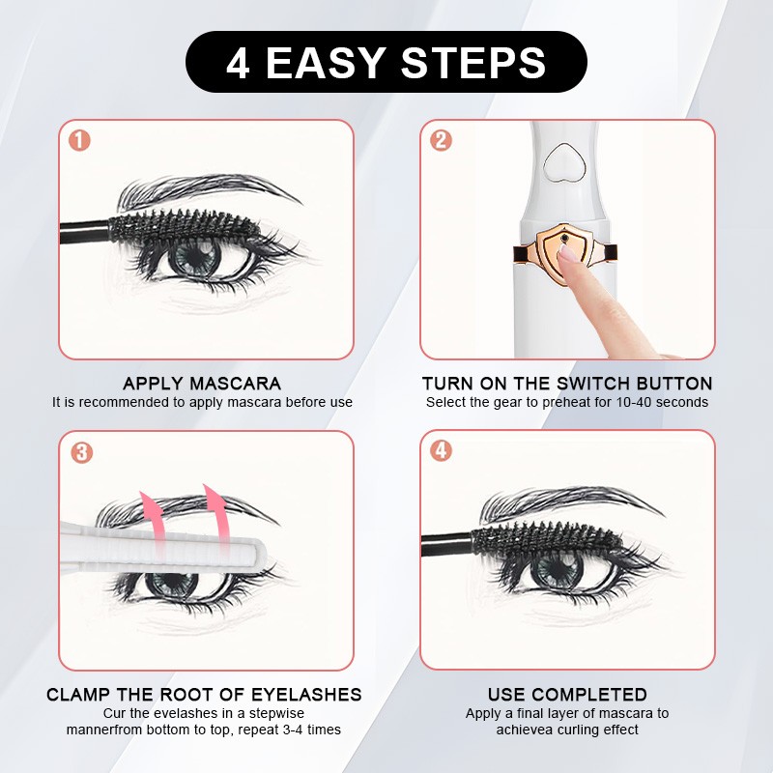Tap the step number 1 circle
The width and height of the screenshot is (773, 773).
[x=79, y=140]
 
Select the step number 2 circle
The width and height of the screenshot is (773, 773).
[x=441, y=140]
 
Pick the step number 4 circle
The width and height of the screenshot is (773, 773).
[x=441, y=451]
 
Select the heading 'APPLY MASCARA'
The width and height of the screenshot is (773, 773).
[x=202, y=384]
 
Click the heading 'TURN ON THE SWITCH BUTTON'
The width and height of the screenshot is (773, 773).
[x=567, y=384]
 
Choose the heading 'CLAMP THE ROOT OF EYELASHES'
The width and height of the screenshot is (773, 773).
[x=204, y=695]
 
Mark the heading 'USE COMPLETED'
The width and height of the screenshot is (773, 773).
[x=567, y=695]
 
